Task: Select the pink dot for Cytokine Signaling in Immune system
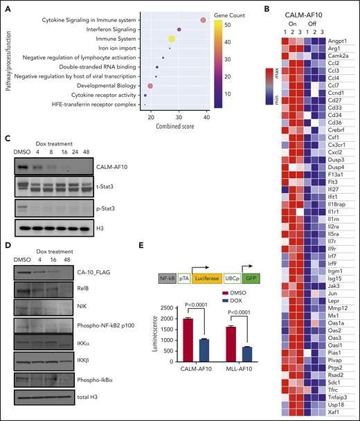(203, 20)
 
